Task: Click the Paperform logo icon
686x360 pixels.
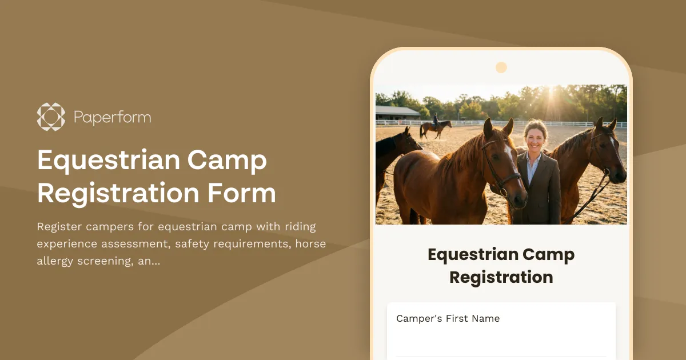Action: (51, 117)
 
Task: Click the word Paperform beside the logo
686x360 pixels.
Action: (112, 118)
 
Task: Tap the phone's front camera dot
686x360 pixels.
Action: (501, 67)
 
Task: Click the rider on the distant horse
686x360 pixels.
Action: (435, 119)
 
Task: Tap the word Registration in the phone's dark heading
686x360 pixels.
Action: (501, 277)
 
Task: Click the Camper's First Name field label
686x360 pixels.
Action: (448, 319)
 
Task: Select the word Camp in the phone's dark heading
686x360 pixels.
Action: (551, 254)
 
